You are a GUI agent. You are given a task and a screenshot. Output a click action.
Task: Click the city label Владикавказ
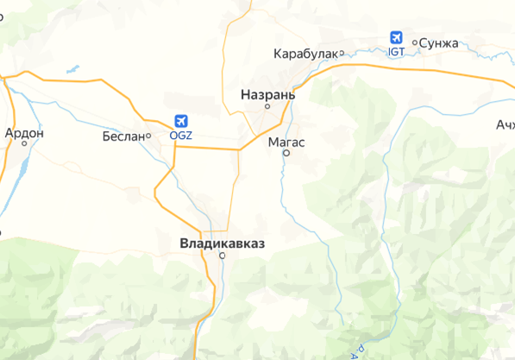[x=223, y=243]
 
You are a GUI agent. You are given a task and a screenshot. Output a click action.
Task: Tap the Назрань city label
[x=267, y=94]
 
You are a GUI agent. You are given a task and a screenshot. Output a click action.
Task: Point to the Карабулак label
[x=305, y=54]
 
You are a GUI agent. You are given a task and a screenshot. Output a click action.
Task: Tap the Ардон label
[x=24, y=133]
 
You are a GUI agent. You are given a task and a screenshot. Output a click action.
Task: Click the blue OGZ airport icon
[x=180, y=121]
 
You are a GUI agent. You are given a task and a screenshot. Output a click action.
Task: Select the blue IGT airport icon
[x=397, y=38]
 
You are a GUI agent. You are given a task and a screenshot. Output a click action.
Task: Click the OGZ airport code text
[x=180, y=136]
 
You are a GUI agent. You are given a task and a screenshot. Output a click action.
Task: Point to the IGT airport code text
[x=397, y=53]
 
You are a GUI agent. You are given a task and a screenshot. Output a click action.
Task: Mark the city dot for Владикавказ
[x=222, y=256]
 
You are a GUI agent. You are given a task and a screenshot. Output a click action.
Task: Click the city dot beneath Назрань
[x=267, y=106]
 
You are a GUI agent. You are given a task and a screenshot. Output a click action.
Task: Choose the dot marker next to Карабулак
[x=342, y=54]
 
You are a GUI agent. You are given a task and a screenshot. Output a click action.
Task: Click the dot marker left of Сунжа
[x=415, y=41]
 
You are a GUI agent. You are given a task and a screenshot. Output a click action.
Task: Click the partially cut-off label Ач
[x=505, y=123]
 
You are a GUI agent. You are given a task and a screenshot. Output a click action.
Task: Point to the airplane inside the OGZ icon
[x=180, y=121]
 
